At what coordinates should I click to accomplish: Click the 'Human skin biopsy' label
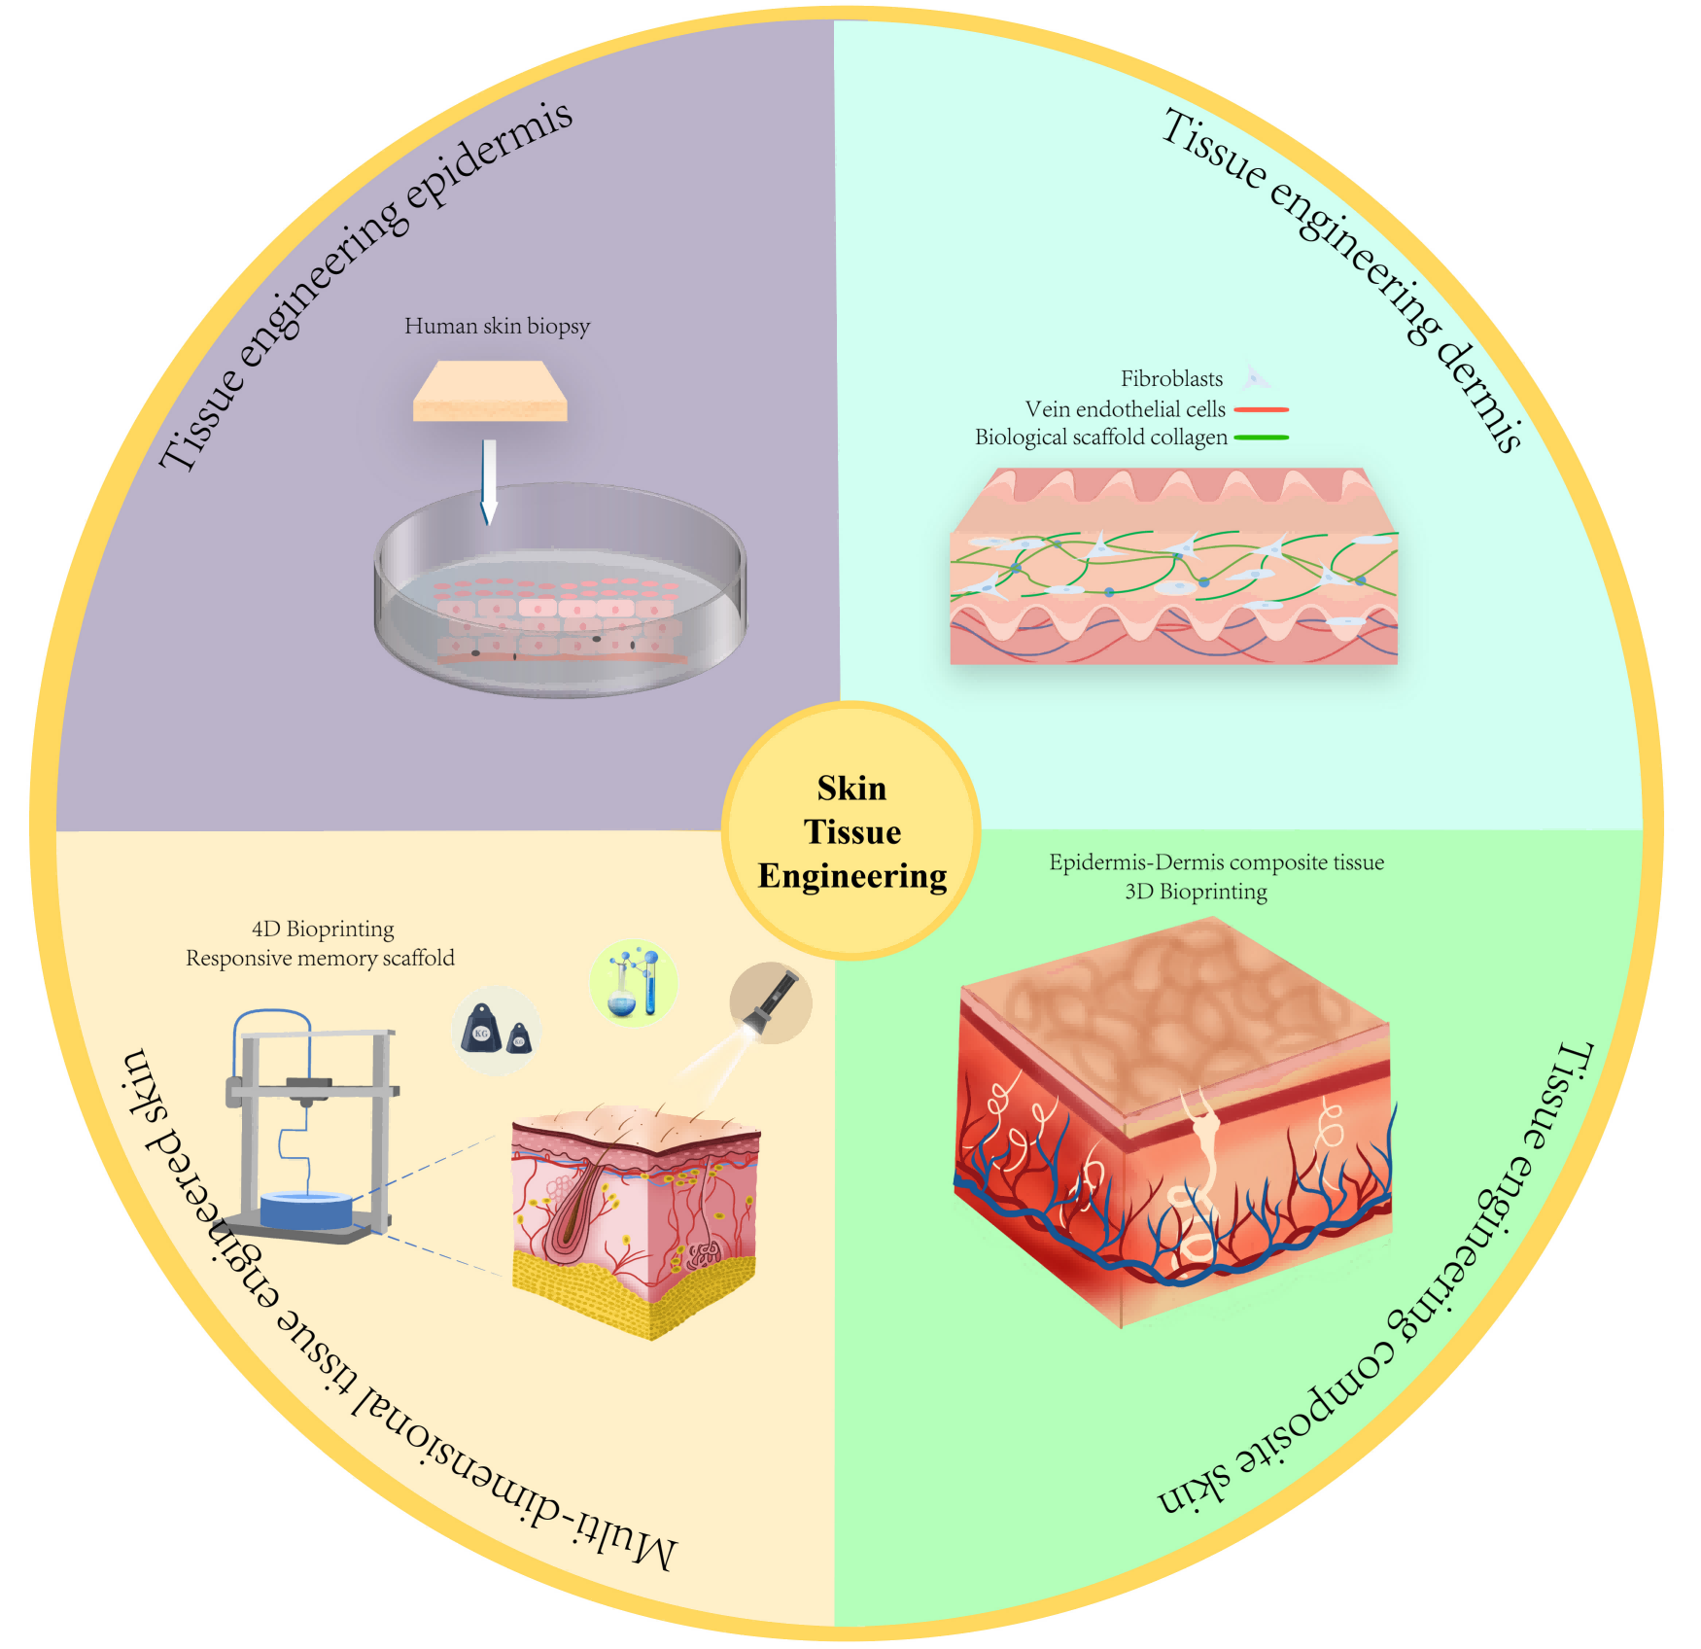pos(497,326)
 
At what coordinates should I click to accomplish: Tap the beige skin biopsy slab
pos(490,391)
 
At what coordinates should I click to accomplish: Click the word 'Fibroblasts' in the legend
pos(1171,378)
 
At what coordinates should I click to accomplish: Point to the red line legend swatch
pos(1261,410)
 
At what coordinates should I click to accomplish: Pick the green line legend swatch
pos(1261,439)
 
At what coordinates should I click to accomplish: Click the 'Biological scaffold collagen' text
pos(1100,438)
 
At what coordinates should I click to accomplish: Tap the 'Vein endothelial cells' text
pos(1125,409)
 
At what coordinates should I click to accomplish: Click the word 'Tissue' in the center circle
pos(852,832)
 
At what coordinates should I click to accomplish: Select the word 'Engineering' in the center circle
pos(852,876)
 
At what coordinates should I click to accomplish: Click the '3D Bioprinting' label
pos(1196,892)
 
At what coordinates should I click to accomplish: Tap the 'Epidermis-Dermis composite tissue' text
pos(1216,862)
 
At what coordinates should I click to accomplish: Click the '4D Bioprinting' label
pos(323,929)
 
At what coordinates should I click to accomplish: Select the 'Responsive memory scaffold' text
pos(320,958)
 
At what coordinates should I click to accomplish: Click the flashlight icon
pos(770,1002)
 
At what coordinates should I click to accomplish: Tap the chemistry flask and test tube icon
pos(633,983)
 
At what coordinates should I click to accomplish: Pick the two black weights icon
pos(496,1031)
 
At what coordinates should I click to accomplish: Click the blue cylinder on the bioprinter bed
pos(306,1210)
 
